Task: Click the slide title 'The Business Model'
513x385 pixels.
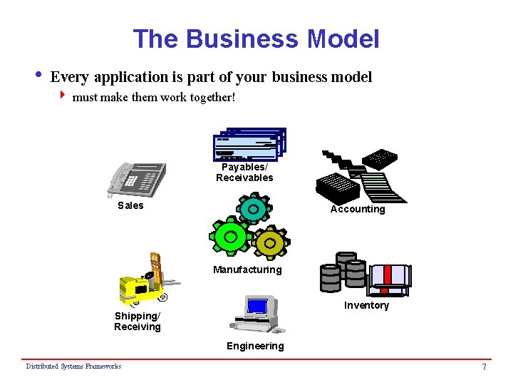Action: point(256,38)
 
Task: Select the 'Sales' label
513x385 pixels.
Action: point(130,205)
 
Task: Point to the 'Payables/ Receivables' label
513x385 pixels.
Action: point(244,173)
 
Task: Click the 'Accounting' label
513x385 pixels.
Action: point(357,209)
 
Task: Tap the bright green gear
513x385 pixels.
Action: point(229,235)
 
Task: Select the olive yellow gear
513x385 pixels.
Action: point(270,243)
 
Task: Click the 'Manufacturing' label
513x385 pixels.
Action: point(247,269)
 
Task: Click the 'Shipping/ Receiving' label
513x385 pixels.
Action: point(138,322)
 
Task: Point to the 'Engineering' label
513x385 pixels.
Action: point(255,346)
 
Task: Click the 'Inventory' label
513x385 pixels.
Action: point(366,305)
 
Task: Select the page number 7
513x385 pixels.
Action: point(484,367)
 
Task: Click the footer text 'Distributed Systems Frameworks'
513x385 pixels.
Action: point(73,366)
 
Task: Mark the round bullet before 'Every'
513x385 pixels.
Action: point(37,75)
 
